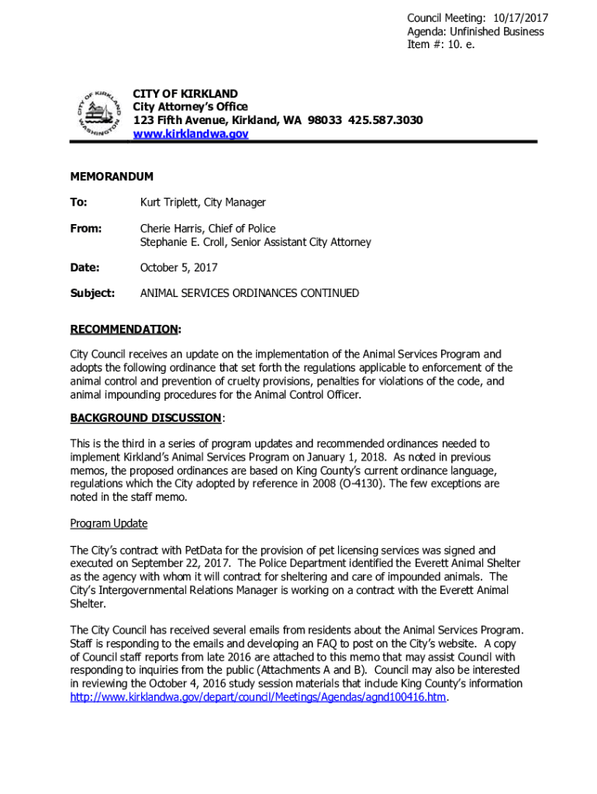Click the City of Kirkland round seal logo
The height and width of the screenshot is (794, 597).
tap(99, 115)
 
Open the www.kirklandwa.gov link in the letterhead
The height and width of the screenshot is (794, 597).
tap(191, 133)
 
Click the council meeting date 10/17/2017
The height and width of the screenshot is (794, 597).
tap(516, 18)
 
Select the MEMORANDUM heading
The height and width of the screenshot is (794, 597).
tap(112, 177)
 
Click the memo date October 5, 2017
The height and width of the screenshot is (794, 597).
tap(178, 268)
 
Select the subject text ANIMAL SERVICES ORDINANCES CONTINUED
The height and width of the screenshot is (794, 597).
tap(249, 293)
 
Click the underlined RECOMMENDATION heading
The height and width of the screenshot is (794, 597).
tap(124, 330)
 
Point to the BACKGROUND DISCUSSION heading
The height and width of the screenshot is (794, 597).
tap(146, 418)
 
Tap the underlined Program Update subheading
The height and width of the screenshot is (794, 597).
tap(109, 523)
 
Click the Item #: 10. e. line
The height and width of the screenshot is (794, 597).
tap(440, 44)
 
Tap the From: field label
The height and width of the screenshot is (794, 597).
tap(86, 229)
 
